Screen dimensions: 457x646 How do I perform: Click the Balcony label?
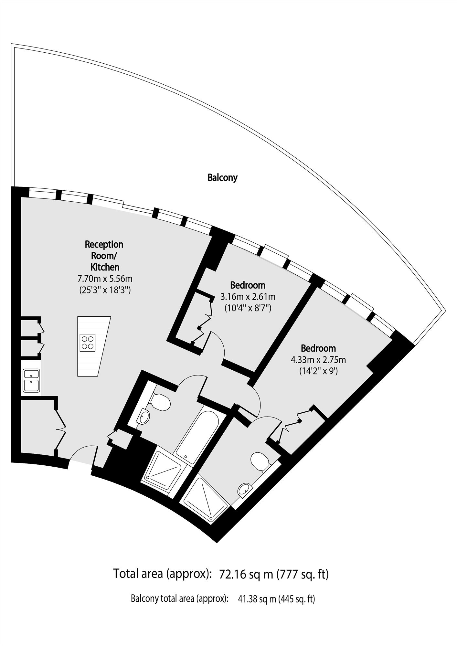(222, 178)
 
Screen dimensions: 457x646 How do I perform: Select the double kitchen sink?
(31, 381)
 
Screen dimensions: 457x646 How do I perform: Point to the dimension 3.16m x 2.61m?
(248, 296)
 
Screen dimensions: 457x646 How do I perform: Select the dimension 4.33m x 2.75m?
(319, 359)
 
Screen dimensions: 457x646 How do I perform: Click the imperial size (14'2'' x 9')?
(318, 371)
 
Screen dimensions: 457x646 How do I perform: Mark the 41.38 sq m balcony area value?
(258, 599)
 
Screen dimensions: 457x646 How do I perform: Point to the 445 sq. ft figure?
(297, 599)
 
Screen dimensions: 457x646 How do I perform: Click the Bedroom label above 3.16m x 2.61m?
(248, 285)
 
